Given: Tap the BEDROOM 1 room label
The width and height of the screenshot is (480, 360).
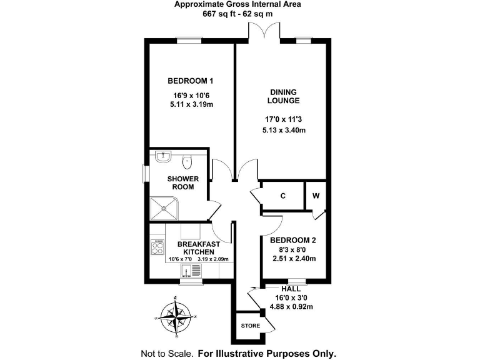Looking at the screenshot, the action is tap(191, 81).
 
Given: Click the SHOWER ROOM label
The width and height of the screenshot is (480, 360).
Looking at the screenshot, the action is tap(182, 183).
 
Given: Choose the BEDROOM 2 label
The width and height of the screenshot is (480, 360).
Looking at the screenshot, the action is tap(293, 240).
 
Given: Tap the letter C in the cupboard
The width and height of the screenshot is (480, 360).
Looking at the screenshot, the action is tap(282, 196).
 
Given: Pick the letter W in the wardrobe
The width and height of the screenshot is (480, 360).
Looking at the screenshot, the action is tap(316, 196).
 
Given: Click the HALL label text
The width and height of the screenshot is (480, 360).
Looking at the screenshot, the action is tap(291, 289).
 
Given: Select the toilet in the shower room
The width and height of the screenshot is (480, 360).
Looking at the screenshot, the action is tap(186, 162).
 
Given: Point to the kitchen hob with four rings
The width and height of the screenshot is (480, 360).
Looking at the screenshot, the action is tap(157, 247).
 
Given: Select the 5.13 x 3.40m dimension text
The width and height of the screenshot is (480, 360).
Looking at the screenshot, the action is tap(284, 131).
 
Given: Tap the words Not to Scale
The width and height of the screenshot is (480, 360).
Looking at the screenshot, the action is tap(167, 352).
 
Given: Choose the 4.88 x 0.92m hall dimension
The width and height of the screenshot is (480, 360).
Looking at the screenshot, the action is tap(291, 306).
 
